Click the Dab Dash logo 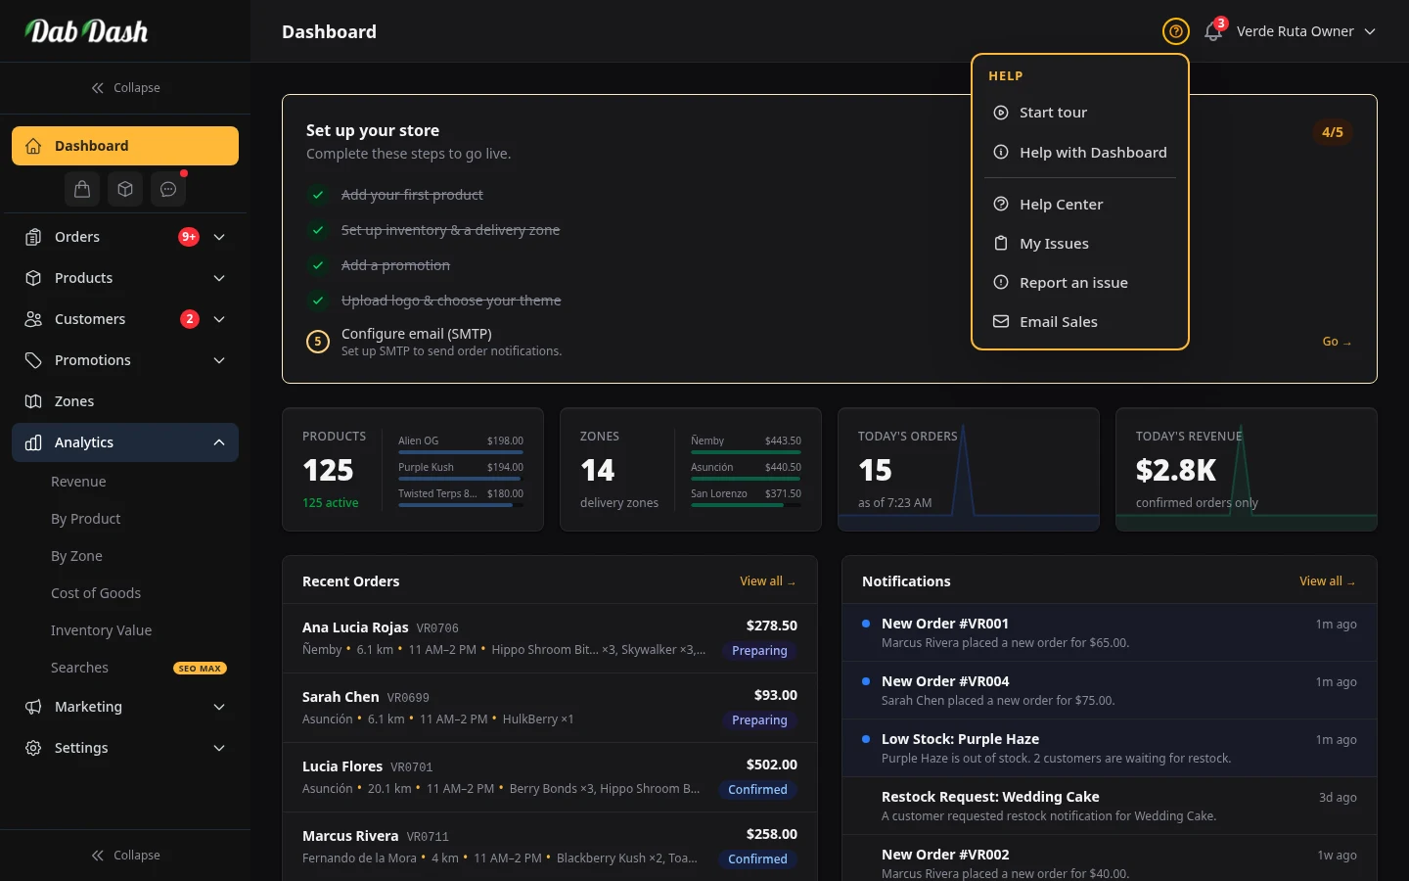(x=87, y=31)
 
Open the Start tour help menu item (x=1053, y=113)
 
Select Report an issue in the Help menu (x=1073, y=283)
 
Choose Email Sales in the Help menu (x=1058, y=322)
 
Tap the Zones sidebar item (x=74, y=401)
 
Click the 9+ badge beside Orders (x=189, y=237)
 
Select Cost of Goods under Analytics (x=96, y=593)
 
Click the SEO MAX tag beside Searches (x=200, y=669)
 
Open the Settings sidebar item (x=81, y=748)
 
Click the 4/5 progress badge (x=1333, y=132)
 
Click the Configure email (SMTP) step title (x=417, y=334)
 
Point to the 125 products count (x=328, y=471)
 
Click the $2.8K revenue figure (x=1176, y=471)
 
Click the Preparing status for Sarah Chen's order (x=759, y=720)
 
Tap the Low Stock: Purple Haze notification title (x=960, y=739)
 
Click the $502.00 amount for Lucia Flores (x=771, y=765)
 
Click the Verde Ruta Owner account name (x=1295, y=31)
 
